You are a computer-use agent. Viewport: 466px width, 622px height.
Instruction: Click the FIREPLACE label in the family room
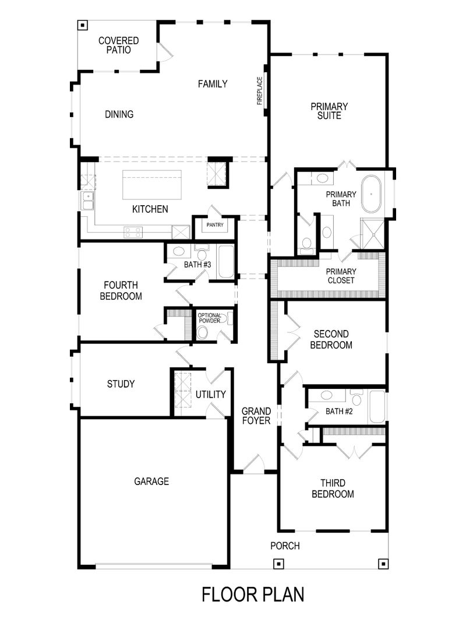coord(260,90)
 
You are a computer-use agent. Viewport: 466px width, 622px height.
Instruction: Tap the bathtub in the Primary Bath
coord(372,194)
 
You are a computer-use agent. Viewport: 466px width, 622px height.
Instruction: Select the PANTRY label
coord(212,224)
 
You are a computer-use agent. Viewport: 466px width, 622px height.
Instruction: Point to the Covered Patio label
coord(118,45)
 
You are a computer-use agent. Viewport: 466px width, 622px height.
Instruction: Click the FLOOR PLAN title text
coord(253,594)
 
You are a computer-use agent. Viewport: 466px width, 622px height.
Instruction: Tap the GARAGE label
coord(151,482)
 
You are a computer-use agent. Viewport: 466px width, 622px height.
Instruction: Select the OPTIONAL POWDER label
coord(210,318)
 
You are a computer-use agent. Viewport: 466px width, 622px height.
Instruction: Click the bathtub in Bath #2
coord(377,406)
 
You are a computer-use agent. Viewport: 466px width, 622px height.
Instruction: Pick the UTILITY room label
coord(210,395)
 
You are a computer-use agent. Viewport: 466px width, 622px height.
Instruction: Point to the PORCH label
coord(285,546)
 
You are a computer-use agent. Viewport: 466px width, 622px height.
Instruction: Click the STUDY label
coord(121,384)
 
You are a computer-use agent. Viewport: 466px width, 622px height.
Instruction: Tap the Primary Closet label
coord(341,276)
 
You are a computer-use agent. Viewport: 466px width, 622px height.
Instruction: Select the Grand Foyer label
coord(256,416)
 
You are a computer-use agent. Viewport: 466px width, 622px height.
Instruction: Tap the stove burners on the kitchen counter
coord(133,231)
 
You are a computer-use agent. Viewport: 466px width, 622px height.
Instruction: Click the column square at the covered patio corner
coord(82,25)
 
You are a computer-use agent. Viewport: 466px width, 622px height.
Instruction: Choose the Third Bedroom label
coord(333,489)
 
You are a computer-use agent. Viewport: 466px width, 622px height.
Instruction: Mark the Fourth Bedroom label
coord(121,290)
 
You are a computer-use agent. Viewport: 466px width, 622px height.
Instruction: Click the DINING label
coord(119,114)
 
